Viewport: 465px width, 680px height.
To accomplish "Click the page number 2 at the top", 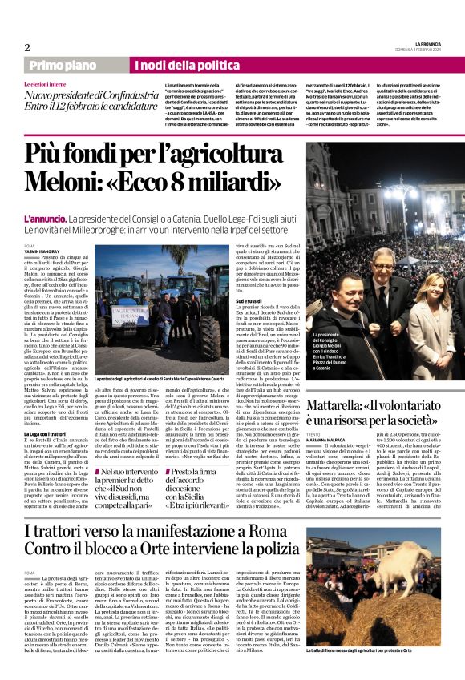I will [x=26, y=47].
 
